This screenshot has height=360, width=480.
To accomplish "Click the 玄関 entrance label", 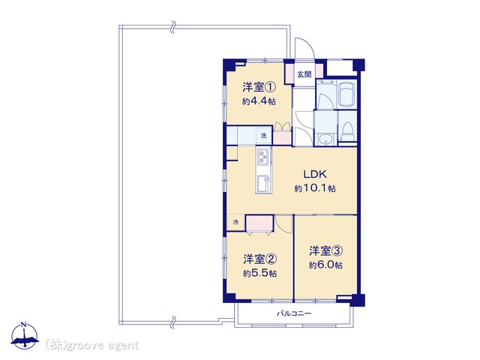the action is click(304, 74).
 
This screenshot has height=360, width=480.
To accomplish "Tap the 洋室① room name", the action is click(259, 88).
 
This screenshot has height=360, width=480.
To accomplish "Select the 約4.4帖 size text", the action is click(259, 101).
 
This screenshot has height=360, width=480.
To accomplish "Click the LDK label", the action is click(315, 174).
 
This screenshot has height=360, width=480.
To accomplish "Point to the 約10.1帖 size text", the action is click(315, 188).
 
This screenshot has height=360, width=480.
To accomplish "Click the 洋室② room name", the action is click(260, 259).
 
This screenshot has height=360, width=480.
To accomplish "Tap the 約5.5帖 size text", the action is click(260, 273).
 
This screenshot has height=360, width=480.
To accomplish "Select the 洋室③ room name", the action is click(325, 251).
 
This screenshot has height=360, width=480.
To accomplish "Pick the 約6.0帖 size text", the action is click(325, 265).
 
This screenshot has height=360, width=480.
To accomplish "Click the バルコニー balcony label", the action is click(294, 313).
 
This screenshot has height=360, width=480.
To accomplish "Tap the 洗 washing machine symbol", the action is click(264, 135).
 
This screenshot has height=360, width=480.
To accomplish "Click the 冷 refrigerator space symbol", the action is click(235, 222).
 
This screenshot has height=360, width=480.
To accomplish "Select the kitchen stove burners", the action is click(263, 156).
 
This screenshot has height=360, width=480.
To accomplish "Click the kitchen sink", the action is click(263, 184).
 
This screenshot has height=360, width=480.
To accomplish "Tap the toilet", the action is click(347, 131).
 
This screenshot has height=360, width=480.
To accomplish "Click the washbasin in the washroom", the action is click(325, 139).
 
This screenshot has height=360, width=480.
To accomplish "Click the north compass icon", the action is click(25, 336).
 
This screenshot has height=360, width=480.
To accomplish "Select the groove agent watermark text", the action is click(92, 346).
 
